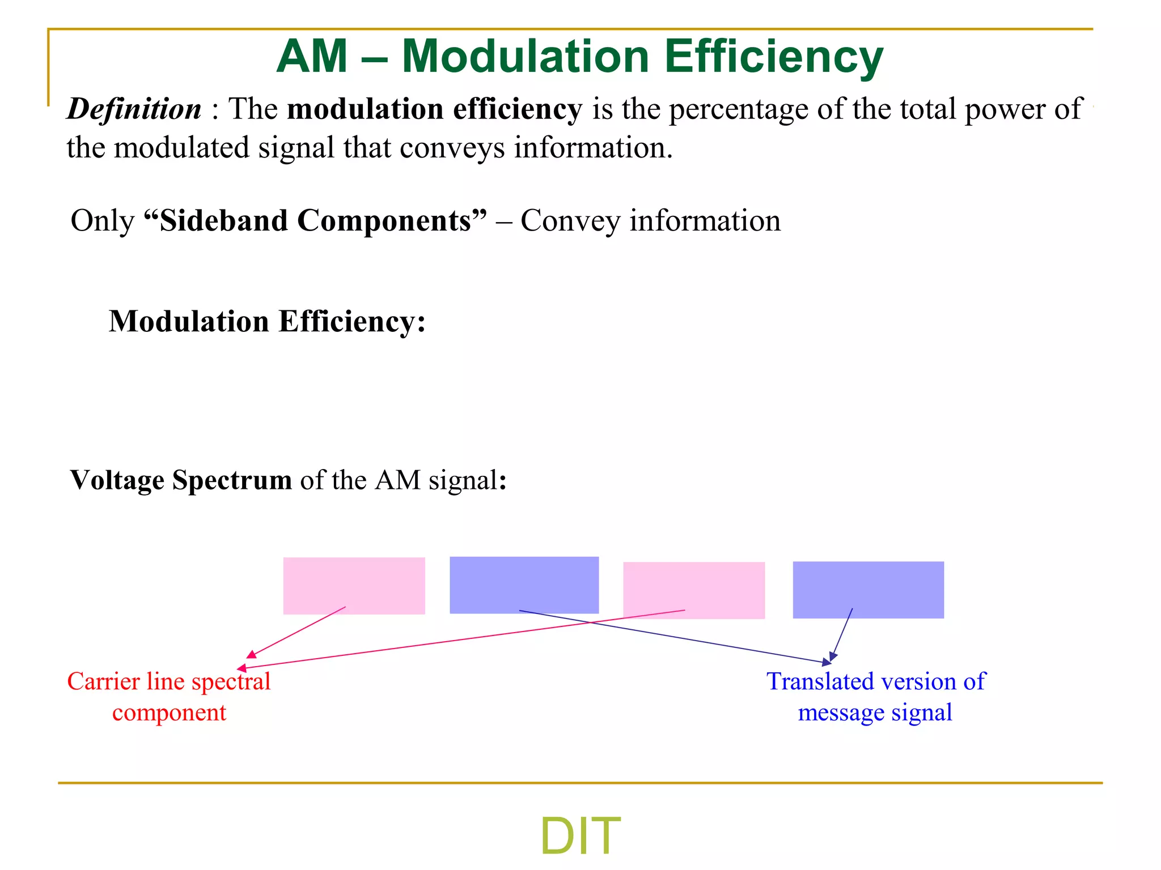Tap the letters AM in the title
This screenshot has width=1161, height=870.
pos(312,57)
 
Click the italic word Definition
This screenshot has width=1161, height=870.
pos(134,109)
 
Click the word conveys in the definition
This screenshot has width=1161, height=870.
pos(452,148)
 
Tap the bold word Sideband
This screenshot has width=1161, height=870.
pos(224,220)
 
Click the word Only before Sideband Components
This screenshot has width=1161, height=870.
pos(103,220)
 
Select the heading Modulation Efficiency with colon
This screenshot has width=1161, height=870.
pos(267,322)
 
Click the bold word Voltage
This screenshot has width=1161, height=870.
pos(117,480)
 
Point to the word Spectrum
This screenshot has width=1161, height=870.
pos(232,481)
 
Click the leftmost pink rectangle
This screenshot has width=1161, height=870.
pos(354,586)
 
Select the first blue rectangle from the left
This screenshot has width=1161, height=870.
pos(524,585)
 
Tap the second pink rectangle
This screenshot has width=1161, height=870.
pos(694,590)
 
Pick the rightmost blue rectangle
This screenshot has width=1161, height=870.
pos(868,590)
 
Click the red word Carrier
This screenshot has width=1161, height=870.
pos(103,681)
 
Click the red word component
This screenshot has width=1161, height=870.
pos(169,713)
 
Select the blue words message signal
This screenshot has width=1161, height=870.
pos(875,713)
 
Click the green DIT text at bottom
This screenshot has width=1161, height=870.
pos(580,836)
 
